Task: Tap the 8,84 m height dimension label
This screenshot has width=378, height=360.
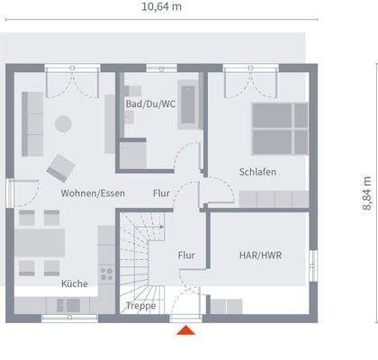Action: tap(367, 193)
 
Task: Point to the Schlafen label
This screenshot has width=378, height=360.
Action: tap(257, 172)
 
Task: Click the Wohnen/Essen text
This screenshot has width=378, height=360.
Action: tap(93, 193)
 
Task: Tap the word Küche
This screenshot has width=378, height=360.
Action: tap(75, 283)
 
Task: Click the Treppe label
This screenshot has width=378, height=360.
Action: tap(141, 306)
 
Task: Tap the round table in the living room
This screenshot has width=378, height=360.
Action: tap(64, 123)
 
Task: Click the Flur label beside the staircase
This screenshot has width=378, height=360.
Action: tap(186, 255)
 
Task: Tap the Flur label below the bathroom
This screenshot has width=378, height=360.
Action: tap(162, 193)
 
